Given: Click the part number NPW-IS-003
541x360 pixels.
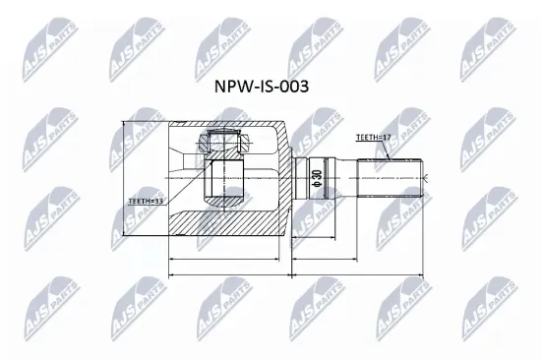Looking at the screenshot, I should pos(261,86).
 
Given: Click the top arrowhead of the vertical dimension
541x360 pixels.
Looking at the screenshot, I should pos(122,125).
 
